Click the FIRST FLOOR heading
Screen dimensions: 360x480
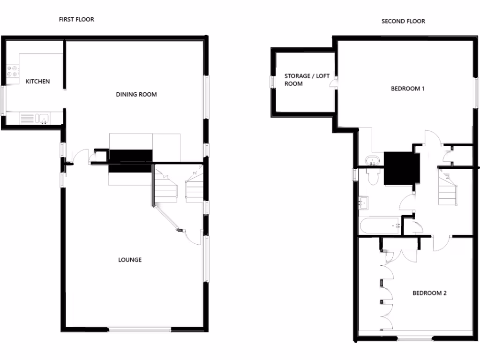coord(76,19)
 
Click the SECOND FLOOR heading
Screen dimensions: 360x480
coord(403,21)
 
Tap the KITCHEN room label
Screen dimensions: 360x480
coord(37,82)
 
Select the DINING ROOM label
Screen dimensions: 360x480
coord(136,95)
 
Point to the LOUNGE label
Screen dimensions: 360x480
coord(130,260)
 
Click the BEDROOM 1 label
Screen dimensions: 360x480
coord(407,89)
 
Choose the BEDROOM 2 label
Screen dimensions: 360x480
coord(429,293)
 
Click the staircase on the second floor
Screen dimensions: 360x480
coord(448,187)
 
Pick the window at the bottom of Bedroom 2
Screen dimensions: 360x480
coord(415,337)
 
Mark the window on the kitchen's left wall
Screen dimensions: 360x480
coord(3,99)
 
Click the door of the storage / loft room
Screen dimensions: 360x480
coord(333,84)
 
